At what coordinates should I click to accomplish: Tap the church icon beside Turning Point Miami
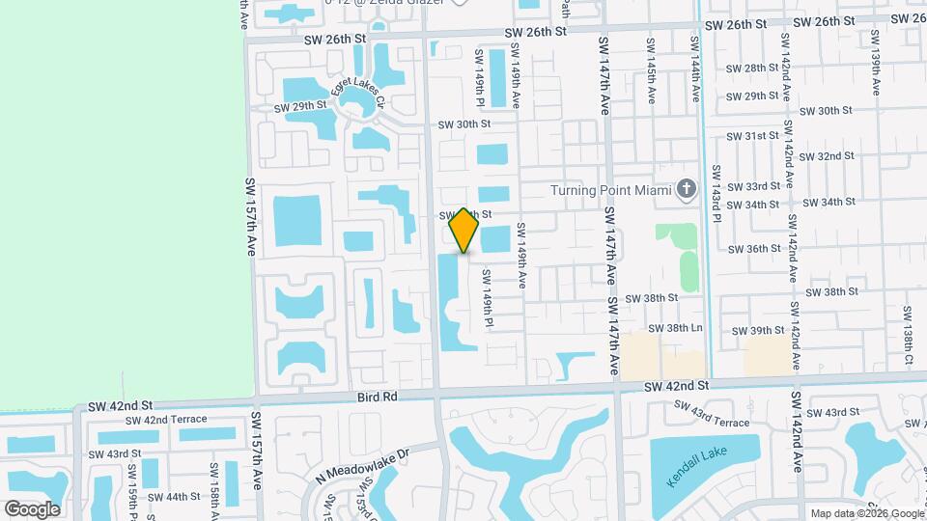pyautogui.click(x=687, y=189)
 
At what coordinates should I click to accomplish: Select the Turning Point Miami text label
pyautogui.click(x=610, y=190)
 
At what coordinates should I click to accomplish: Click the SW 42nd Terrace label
pyautogui.click(x=166, y=420)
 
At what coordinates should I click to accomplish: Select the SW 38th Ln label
pyautogui.click(x=675, y=329)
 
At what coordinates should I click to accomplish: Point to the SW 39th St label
pyautogui.click(x=758, y=331)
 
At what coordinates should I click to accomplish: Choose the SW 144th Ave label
pyautogui.click(x=694, y=71)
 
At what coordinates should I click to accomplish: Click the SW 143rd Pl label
pyautogui.click(x=716, y=193)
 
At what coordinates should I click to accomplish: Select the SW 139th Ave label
pyautogui.click(x=876, y=63)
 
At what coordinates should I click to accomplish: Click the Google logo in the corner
pyautogui.click(x=32, y=508)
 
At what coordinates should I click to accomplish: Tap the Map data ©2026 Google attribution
pyautogui.click(x=866, y=513)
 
